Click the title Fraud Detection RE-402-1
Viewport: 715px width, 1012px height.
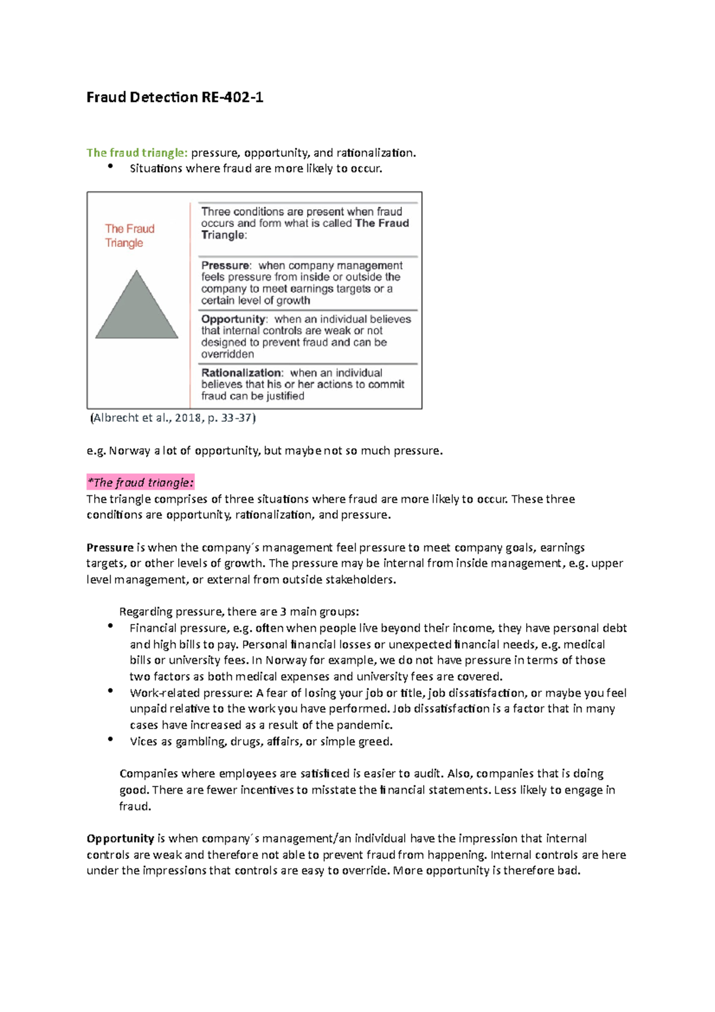point(175,97)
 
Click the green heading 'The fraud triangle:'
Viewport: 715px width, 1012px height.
point(137,153)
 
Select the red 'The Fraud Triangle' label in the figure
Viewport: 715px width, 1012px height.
point(129,235)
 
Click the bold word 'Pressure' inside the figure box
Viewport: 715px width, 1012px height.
point(225,265)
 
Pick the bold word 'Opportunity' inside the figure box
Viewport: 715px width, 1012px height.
point(233,319)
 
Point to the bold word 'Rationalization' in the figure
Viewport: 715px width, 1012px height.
point(241,372)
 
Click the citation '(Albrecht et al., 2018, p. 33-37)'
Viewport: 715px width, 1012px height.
point(173,418)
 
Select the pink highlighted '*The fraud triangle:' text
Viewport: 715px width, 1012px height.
point(141,482)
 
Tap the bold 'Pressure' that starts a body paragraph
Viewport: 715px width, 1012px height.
point(110,547)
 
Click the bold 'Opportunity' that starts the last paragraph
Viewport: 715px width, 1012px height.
point(120,838)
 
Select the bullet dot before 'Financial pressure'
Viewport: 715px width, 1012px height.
point(110,625)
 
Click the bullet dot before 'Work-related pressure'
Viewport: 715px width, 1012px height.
point(110,690)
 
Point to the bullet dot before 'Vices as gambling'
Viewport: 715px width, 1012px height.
point(110,739)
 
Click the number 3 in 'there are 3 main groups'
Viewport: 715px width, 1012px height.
point(283,611)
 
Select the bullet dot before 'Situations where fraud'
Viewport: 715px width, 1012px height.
point(110,166)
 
